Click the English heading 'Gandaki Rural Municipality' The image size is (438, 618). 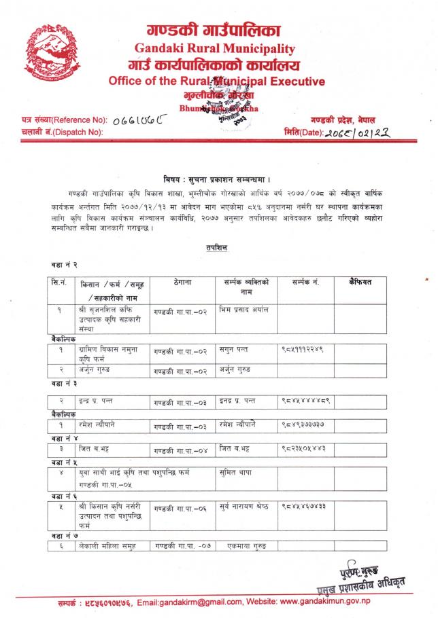[x=215, y=49]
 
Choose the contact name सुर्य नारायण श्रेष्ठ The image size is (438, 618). [x=248, y=507]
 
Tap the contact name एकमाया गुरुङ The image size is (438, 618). [x=243, y=545]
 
